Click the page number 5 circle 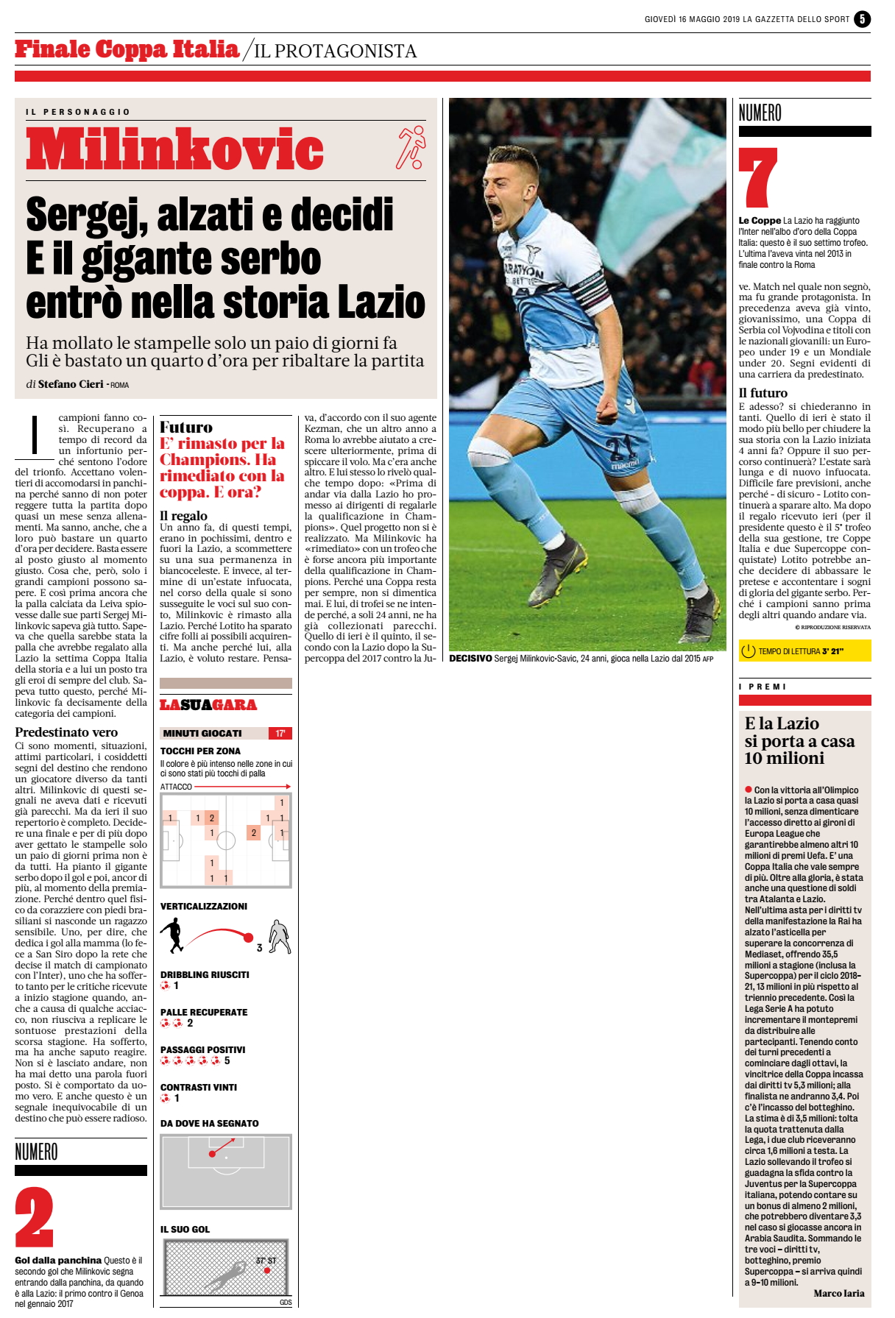[862, 20]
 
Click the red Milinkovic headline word [175, 149]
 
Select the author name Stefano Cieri [71, 384]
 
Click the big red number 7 [758, 177]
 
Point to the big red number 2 [34, 1216]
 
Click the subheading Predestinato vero [66, 732]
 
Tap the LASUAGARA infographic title [208, 705]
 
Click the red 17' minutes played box [280, 733]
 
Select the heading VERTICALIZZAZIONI [204, 907]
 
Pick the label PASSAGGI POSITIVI [203, 1050]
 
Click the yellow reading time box [804, 651]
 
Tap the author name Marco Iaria [839, 1294]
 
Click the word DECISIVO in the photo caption [470, 659]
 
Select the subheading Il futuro [763, 393]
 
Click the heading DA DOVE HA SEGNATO [210, 1124]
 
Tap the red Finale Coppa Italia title [127, 49]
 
